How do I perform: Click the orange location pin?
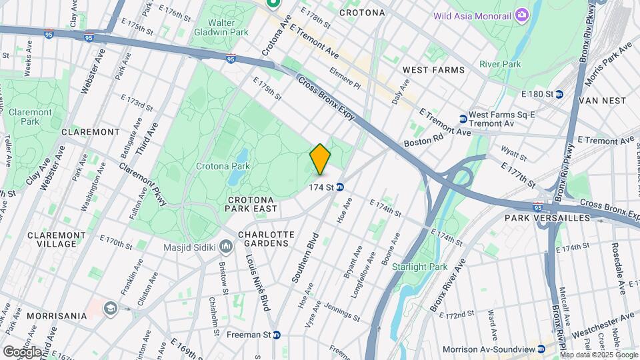pyautogui.click(x=321, y=159)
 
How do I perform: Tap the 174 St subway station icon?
pyautogui.click(x=340, y=187)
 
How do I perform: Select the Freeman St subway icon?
pyautogui.click(x=276, y=335)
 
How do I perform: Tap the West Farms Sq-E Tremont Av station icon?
pyautogui.click(x=463, y=119)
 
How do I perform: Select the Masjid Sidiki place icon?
pyautogui.click(x=226, y=248)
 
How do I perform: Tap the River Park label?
pyautogui.click(x=500, y=64)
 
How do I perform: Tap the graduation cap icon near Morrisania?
pyautogui.click(x=109, y=308)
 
